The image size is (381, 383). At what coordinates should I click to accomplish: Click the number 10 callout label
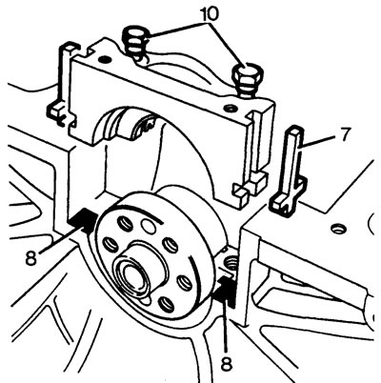tap(209, 13)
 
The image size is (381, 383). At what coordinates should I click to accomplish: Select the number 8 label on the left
tap(30, 258)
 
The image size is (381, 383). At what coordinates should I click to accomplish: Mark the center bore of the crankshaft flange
tap(132, 274)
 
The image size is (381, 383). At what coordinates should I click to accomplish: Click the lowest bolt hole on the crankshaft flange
tap(167, 304)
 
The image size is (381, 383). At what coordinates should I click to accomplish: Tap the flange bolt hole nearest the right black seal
tap(185, 282)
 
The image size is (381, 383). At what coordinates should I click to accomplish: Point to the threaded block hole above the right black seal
tap(230, 262)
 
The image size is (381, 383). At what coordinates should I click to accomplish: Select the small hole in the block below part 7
tap(337, 228)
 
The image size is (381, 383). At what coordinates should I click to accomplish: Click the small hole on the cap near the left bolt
tap(104, 59)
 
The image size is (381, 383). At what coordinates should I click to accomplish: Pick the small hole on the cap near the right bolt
tap(230, 109)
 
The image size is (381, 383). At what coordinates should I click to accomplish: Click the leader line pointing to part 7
tap(317, 140)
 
